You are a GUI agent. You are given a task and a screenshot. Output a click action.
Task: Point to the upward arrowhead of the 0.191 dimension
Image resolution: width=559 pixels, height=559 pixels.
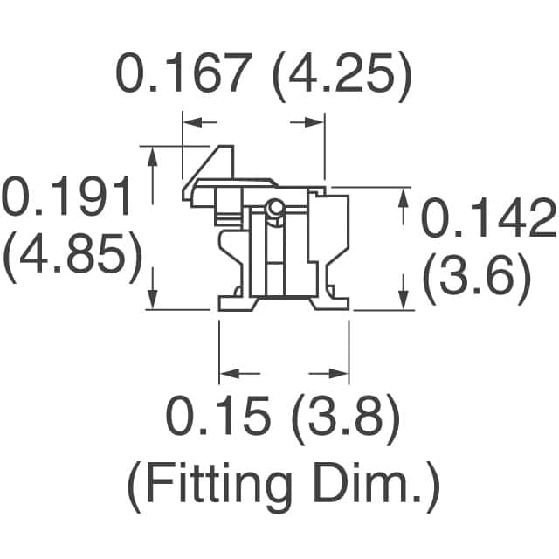pyautogui.click(x=154, y=156)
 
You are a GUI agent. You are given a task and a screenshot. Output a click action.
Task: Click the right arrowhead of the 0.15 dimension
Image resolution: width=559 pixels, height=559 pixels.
pyautogui.click(x=341, y=374)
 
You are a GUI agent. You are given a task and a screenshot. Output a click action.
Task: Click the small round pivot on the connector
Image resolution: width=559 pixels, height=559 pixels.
pyautogui.click(x=274, y=208)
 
